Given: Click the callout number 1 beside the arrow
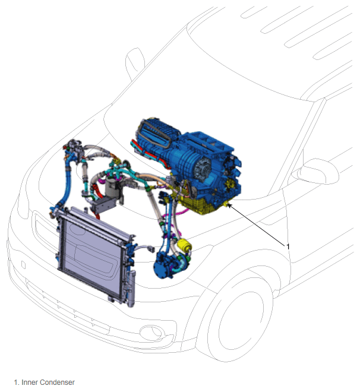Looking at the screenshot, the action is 288,246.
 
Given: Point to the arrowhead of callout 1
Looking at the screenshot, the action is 228,205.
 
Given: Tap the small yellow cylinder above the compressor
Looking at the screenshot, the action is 185,245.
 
